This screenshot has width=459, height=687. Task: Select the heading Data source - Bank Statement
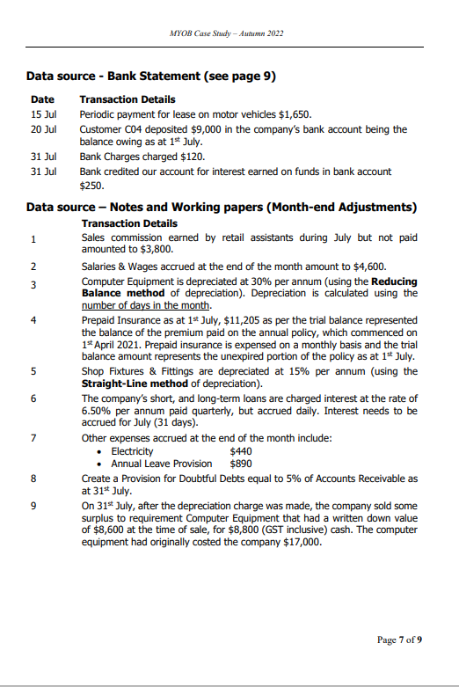pyautogui.click(x=151, y=77)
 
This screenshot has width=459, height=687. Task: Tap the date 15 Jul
pyautogui.click(x=43, y=114)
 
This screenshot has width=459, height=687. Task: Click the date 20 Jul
pyautogui.click(x=43, y=129)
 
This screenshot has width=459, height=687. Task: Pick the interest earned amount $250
pyautogui.click(x=91, y=186)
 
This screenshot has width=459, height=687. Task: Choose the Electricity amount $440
pyautogui.click(x=239, y=450)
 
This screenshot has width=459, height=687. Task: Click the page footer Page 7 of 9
pyautogui.click(x=399, y=639)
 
